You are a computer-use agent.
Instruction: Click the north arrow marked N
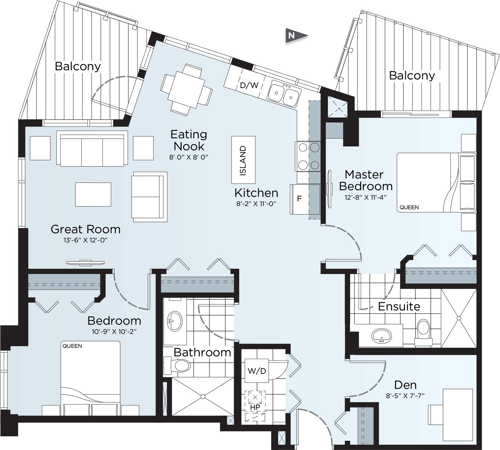click(x=295, y=35)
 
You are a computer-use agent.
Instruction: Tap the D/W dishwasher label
click(x=249, y=85)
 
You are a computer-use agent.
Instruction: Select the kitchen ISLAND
click(x=243, y=160)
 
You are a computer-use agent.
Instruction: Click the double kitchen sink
click(x=284, y=94)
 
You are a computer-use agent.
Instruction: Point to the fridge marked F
click(x=299, y=199)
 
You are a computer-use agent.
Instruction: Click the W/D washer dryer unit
click(x=257, y=371)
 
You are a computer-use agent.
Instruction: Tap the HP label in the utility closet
click(x=255, y=408)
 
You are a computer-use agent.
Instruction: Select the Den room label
click(x=405, y=385)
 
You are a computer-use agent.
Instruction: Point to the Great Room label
click(x=86, y=229)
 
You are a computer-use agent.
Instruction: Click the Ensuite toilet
click(x=423, y=332)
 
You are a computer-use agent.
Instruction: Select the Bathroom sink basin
click(x=175, y=321)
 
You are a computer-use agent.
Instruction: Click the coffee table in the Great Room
click(x=93, y=194)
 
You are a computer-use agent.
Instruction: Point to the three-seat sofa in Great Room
click(x=92, y=149)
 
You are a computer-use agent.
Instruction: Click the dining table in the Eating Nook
click(x=186, y=90)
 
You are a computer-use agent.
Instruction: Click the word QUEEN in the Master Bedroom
click(x=409, y=208)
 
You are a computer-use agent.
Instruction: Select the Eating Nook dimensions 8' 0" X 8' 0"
click(x=189, y=157)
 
